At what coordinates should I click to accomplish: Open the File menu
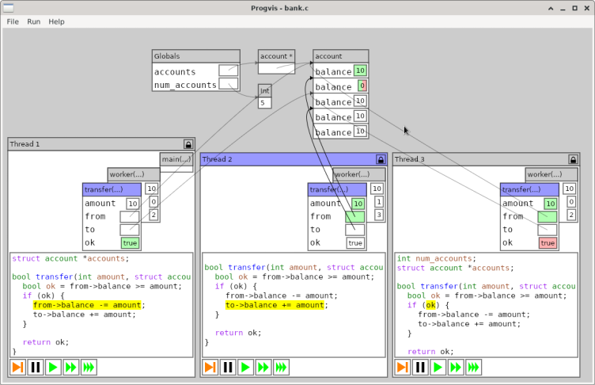[13, 21]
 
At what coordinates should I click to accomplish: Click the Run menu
[33, 21]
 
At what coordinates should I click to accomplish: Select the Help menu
[56, 21]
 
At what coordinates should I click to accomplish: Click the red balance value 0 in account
[361, 86]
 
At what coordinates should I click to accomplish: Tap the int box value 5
[265, 103]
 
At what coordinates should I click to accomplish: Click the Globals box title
[168, 56]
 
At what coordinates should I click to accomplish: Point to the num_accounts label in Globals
[185, 85]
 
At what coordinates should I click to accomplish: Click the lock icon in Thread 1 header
[188, 144]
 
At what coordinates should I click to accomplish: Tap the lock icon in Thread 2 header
[381, 159]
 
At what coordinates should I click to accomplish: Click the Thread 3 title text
[410, 159]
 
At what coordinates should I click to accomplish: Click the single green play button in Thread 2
[245, 367]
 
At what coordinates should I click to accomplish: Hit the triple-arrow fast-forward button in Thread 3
[474, 367]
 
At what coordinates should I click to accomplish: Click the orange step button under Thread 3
[403, 367]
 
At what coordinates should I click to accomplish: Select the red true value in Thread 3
[548, 243]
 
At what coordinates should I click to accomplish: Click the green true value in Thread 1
[130, 243]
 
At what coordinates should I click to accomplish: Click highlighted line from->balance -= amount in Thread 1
[89, 304]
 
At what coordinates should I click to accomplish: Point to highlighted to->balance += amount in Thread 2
[275, 305]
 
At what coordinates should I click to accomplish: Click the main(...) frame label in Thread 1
[176, 159]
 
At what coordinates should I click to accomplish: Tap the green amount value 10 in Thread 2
[358, 204]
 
